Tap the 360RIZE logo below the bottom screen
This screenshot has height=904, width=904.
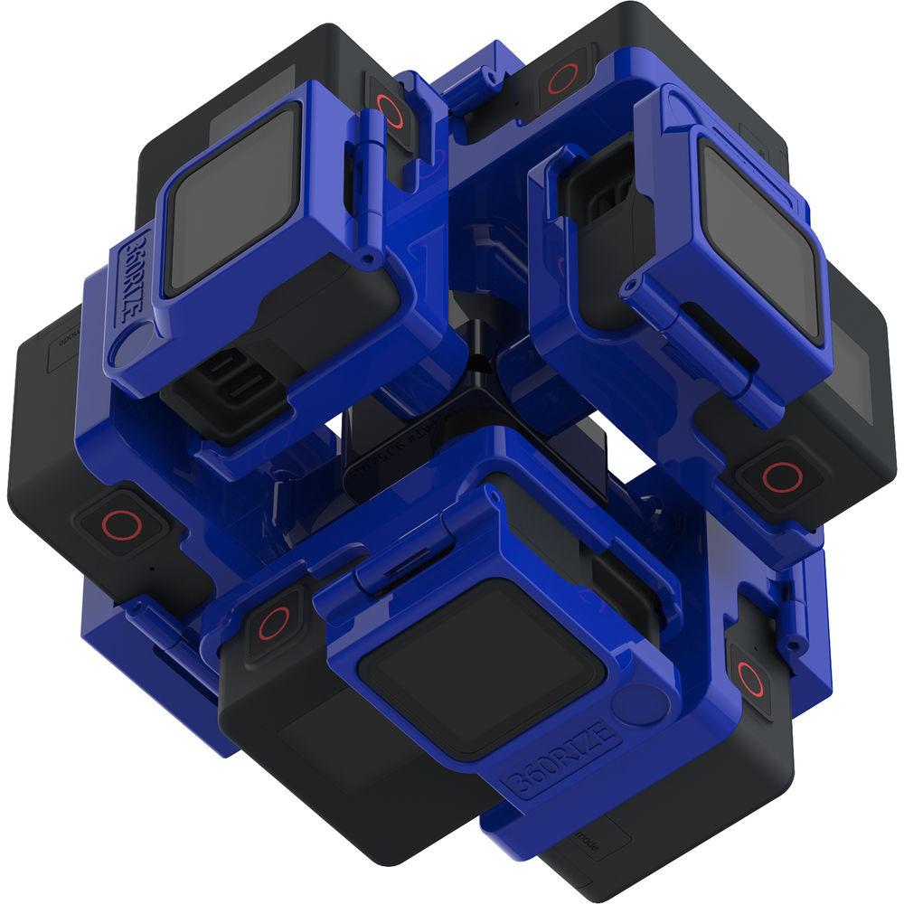pos(560,756)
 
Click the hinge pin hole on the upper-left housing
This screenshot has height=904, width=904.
pos(368,261)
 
